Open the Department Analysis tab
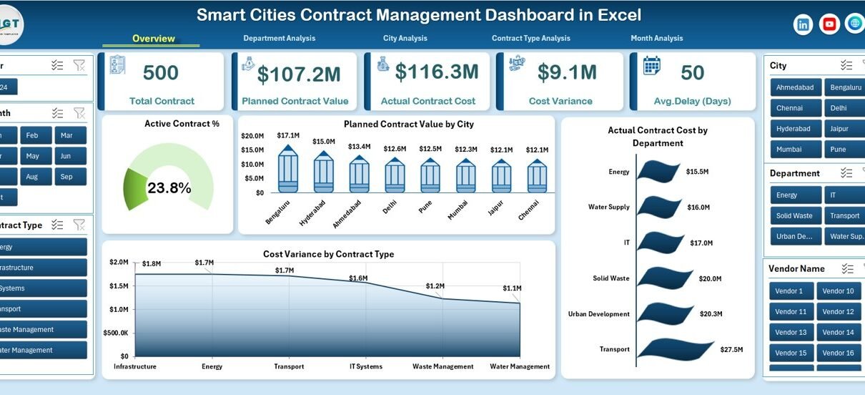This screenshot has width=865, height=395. click(279, 39)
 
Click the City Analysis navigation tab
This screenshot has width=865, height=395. click(405, 39)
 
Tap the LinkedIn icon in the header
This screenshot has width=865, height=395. click(804, 24)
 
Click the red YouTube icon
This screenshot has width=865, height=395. click(829, 24)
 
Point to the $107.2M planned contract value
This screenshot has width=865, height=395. click(299, 74)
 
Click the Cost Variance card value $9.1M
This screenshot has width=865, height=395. click(567, 72)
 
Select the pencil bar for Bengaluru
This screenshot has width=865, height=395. click(288, 170)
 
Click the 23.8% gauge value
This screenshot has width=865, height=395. click(169, 188)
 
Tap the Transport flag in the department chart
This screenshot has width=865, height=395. click(674, 348)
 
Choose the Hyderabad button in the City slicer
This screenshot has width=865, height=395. click(796, 129)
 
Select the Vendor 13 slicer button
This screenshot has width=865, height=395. click(791, 332)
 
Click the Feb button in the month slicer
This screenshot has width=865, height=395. click(32, 135)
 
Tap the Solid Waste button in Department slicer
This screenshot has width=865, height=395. click(796, 215)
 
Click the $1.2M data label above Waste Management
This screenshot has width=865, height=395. click(435, 286)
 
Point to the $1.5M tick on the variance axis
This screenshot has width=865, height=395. click(119, 286)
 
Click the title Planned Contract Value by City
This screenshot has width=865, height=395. click(408, 125)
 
